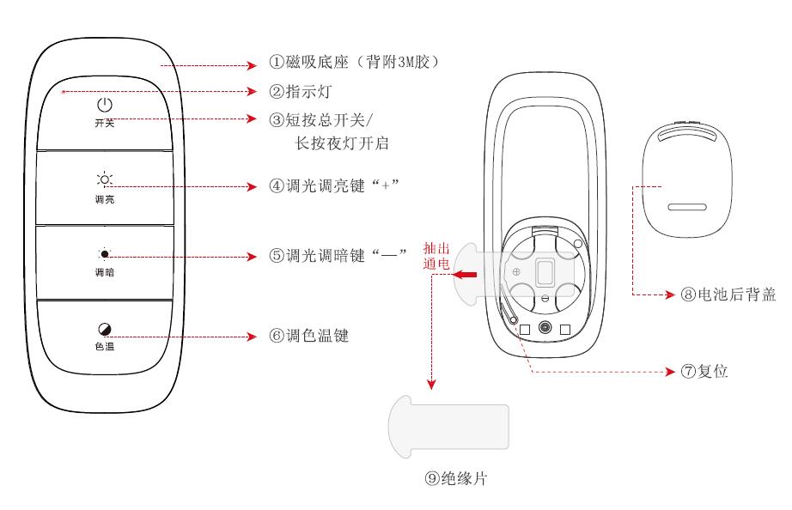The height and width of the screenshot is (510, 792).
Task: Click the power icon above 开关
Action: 104,106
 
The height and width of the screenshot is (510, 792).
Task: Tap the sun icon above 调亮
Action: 104,179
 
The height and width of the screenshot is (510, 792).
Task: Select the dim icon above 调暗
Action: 104,254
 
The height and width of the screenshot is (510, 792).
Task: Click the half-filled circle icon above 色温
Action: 104,329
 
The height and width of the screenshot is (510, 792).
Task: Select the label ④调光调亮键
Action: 336,185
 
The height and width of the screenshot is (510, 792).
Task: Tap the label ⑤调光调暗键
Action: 336,256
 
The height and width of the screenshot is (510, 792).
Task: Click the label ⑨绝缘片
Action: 455,479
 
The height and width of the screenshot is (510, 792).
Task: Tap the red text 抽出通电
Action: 436,256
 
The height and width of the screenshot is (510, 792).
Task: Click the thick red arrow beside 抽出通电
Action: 467,275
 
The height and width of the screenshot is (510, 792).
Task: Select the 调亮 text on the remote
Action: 104,198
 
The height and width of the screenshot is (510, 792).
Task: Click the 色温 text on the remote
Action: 104,348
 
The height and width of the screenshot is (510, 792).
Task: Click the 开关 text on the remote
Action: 104,124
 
